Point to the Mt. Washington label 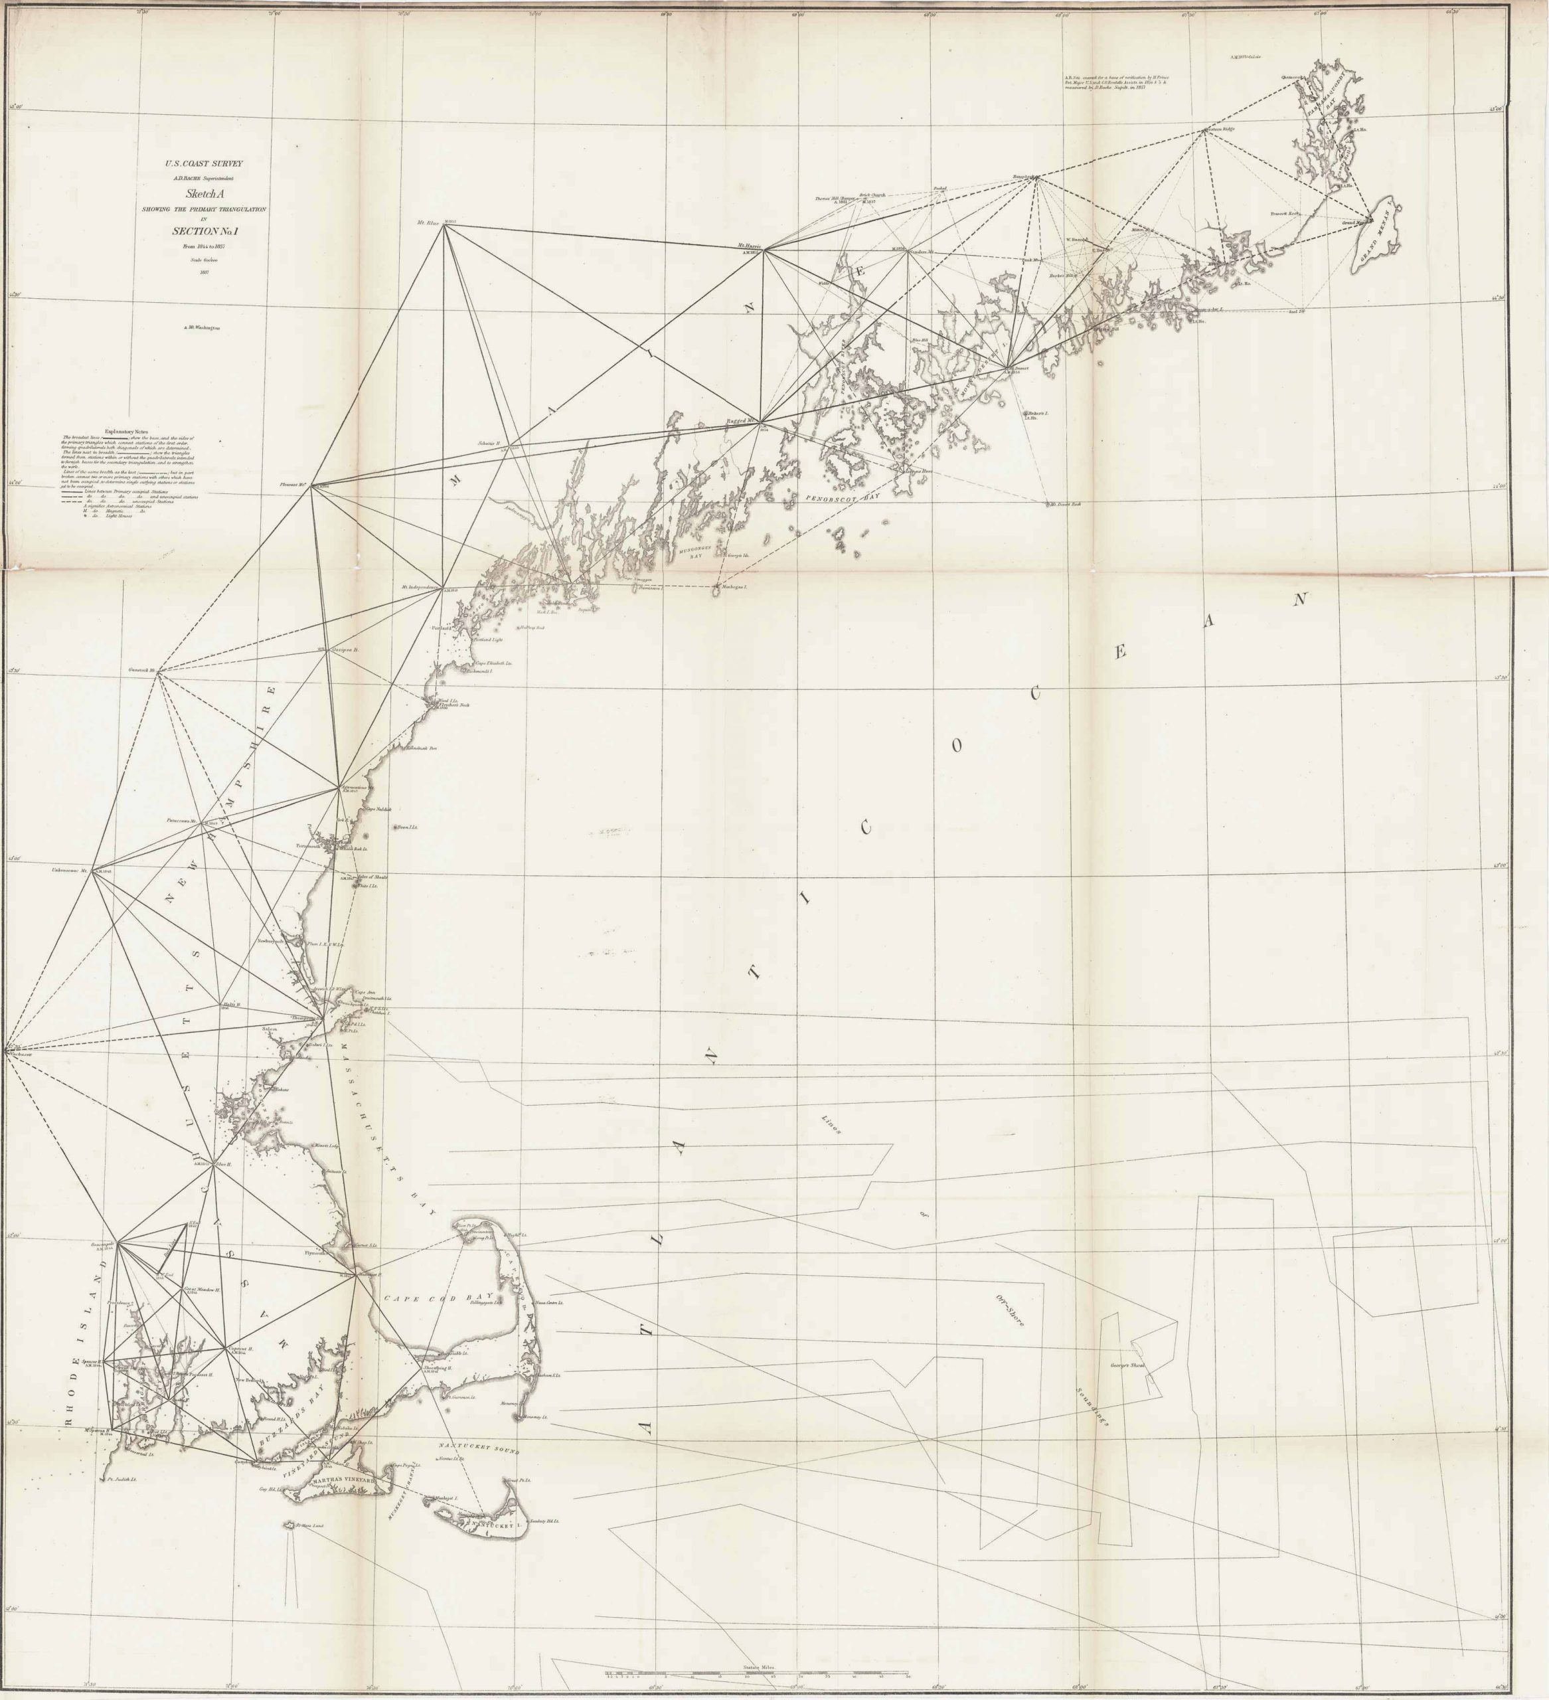pyautogui.click(x=203, y=326)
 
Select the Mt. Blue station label pyautogui.click(x=429, y=222)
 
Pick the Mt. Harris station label pyautogui.click(x=750, y=246)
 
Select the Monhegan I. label pyautogui.click(x=734, y=587)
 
